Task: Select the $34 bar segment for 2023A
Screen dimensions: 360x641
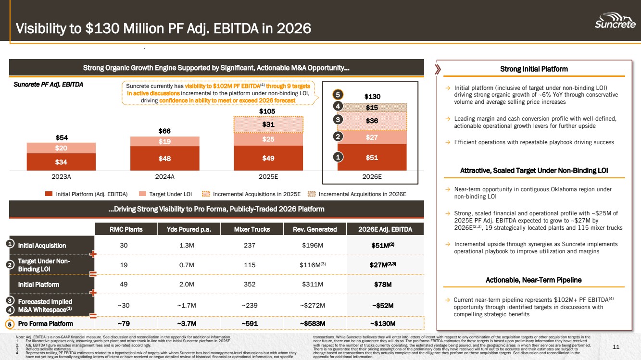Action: point(61,161)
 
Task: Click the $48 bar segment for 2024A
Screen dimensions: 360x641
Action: point(164,158)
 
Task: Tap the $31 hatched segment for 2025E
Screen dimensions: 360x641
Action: point(268,124)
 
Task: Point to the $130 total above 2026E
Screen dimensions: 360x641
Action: point(372,97)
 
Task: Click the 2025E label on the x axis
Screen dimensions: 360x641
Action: point(268,176)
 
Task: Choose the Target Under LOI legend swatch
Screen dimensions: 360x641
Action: point(142,194)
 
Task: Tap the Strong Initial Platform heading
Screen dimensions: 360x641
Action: point(533,69)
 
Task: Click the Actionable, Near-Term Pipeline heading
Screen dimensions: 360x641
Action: point(533,280)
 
